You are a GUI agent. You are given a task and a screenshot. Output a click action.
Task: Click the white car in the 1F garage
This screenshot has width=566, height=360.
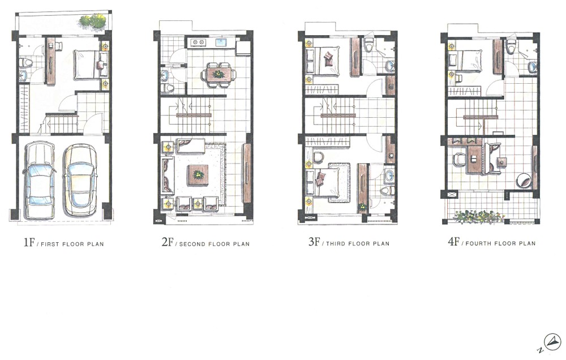tap(40, 181)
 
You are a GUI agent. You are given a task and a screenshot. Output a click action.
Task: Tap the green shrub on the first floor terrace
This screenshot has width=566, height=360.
tap(93, 21)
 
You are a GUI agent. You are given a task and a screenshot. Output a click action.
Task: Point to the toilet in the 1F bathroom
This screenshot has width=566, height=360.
tap(25, 63)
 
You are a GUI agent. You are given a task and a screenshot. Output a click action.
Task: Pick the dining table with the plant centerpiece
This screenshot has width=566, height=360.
tap(218, 74)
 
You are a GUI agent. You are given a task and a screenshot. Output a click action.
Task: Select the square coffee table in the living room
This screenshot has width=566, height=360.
tap(198, 175)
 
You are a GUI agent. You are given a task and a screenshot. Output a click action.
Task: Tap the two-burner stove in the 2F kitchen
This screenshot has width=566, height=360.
tap(197, 42)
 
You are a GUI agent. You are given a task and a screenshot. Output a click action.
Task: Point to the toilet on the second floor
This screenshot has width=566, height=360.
tap(168, 88)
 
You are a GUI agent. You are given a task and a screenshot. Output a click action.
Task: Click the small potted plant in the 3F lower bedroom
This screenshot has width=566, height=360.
tap(362, 207)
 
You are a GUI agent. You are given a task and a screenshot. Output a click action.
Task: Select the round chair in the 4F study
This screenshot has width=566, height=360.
tap(524, 180)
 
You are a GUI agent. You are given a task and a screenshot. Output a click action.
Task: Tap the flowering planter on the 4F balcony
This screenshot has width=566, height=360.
tap(478, 217)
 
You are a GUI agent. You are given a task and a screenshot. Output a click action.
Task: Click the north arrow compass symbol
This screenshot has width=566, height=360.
tap(552, 341)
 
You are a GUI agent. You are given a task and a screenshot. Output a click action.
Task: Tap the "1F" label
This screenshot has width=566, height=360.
tap(29, 242)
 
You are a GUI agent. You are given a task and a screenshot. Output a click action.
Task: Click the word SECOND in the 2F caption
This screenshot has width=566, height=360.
tap(192, 244)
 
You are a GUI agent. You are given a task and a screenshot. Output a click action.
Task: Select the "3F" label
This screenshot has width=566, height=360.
tap(314, 242)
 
